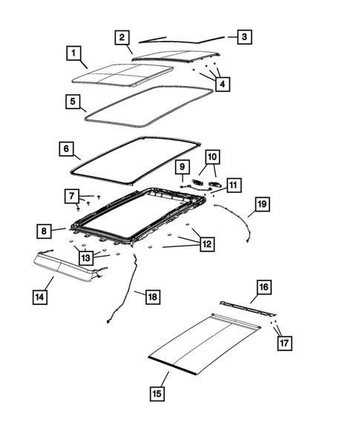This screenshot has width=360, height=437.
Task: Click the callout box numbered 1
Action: pos(73,53)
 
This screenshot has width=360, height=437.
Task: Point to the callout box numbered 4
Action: pos(223,85)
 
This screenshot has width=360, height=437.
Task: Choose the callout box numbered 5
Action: pos(73,101)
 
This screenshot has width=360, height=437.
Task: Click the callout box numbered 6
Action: pos(67,149)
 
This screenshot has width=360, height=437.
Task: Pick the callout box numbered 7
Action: pos(72,196)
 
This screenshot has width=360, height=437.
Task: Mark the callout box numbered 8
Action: pos(45,231)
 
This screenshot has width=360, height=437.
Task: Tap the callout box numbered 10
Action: pos(212,157)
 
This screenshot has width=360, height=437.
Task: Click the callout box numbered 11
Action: pos(234,185)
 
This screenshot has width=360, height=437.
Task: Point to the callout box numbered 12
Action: pos(207,243)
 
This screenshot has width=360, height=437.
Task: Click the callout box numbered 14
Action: pos(39,298)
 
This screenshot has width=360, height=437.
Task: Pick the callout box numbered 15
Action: pos(157,394)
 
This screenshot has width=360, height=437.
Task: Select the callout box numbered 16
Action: pos(264,286)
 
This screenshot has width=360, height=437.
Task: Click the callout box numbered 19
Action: pos(261,203)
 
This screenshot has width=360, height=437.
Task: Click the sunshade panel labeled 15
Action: pos(200,341)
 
